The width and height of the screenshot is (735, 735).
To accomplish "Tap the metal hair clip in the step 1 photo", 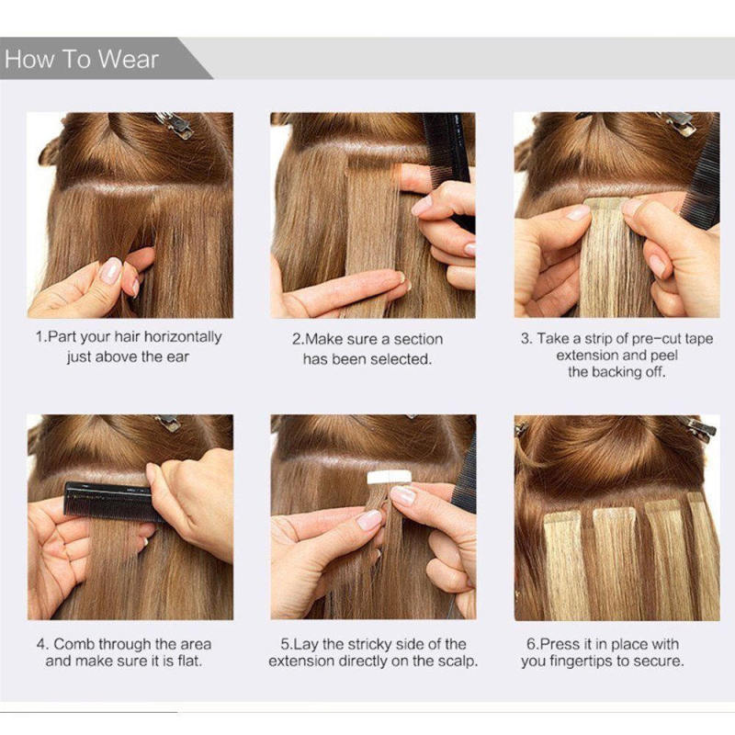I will tap(175, 124).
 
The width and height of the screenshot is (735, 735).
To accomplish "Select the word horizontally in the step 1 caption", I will tap(176, 337).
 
